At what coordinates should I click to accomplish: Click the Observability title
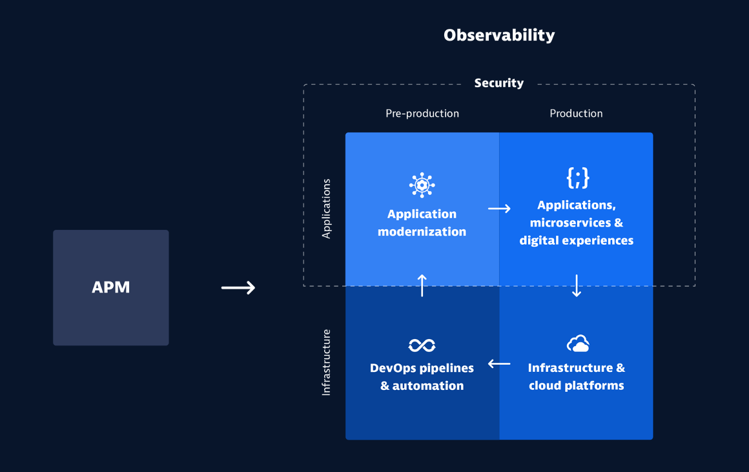point(498,35)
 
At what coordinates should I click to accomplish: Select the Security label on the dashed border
point(498,83)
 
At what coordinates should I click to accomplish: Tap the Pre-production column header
point(422,114)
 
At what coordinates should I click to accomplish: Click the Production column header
point(576,114)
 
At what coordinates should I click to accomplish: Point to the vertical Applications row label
point(326,209)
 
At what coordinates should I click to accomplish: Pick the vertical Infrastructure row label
point(326,362)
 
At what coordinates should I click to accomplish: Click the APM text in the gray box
point(111,287)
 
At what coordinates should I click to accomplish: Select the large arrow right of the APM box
point(238,287)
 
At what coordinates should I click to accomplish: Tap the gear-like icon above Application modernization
point(422,185)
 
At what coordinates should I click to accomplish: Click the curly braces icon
point(577,178)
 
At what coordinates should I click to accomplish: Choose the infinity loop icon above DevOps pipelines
point(422,345)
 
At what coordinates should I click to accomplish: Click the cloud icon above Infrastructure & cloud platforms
point(577,344)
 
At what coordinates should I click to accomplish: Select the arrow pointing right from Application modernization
point(499,209)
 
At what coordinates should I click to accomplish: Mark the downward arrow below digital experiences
point(577,286)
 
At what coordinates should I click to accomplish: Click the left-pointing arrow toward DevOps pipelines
point(499,364)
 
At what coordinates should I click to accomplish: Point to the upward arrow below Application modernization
point(422,285)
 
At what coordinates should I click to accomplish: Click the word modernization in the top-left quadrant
point(422,232)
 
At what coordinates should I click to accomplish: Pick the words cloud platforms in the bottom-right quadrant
point(576,385)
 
